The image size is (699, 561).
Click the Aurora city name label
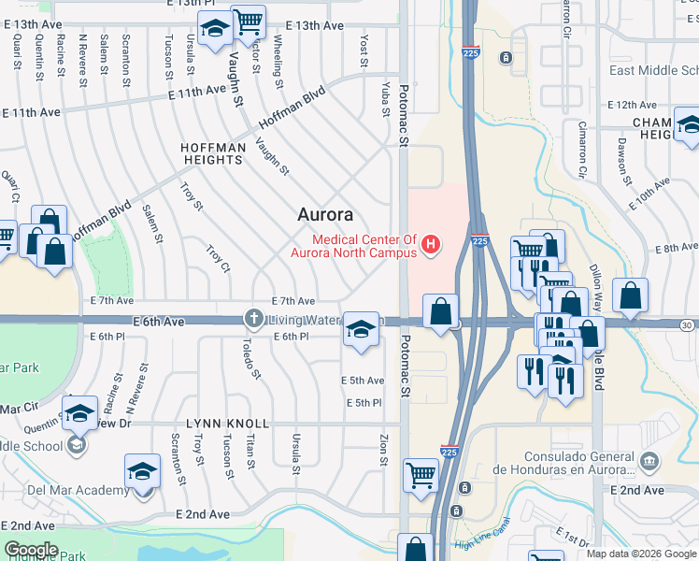[x=324, y=214]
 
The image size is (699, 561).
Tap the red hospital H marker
[x=431, y=246]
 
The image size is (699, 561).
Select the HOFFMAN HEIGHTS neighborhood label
[x=213, y=153]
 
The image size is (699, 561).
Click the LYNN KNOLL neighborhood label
[x=227, y=424]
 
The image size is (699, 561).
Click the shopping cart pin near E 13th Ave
[x=248, y=21]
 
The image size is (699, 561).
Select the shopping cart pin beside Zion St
[x=421, y=474]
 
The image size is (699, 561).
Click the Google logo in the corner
[x=31, y=550]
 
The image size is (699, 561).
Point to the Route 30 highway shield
[x=687, y=324]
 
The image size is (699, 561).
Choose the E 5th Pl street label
[x=364, y=403]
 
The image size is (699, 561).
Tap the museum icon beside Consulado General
[x=650, y=461]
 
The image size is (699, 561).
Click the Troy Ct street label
[x=217, y=259]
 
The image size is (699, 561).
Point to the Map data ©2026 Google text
[x=640, y=554]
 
